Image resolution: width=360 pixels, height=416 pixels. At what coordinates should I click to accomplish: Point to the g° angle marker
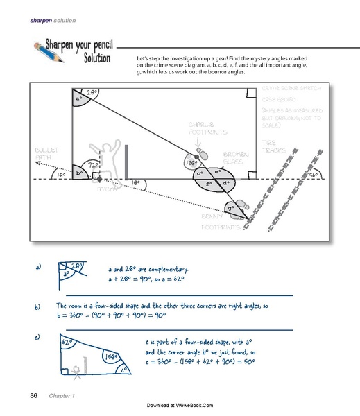(x=230, y=207)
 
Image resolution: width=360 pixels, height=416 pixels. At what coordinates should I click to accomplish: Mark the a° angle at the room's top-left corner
(x=78, y=99)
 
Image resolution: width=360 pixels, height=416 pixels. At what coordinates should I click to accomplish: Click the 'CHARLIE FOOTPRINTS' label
(x=201, y=129)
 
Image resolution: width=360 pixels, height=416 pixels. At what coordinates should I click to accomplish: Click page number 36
(x=33, y=395)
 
